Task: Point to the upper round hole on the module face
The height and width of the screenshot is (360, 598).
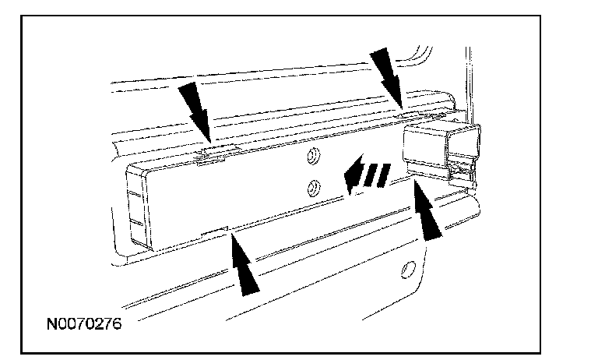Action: tap(313, 157)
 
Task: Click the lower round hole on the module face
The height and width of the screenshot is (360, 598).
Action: tap(313, 186)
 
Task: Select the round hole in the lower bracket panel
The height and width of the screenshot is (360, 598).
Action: tap(406, 270)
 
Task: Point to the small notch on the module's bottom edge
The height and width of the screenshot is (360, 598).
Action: tap(216, 232)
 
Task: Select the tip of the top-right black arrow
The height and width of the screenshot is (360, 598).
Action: tap(400, 107)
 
